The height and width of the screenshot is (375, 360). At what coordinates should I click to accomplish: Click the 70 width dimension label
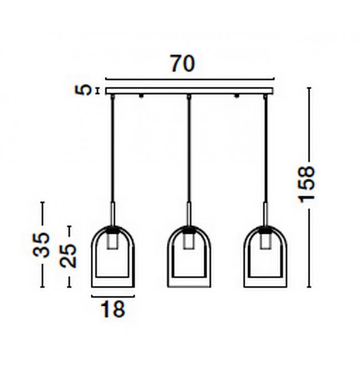pyautogui.click(x=183, y=64)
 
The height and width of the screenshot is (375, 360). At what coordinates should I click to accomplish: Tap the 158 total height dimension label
pyautogui.click(x=307, y=184)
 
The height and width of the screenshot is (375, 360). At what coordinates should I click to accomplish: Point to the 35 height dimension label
pyautogui.click(x=42, y=244)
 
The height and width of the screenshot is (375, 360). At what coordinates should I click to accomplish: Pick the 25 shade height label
pyautogui.click(x=68, y=255)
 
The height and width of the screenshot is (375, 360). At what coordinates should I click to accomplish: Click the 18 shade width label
pyautogui.click(x=113, y=309)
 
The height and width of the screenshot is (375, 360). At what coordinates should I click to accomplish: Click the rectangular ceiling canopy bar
pyautogui.click(x=189, y=91)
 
